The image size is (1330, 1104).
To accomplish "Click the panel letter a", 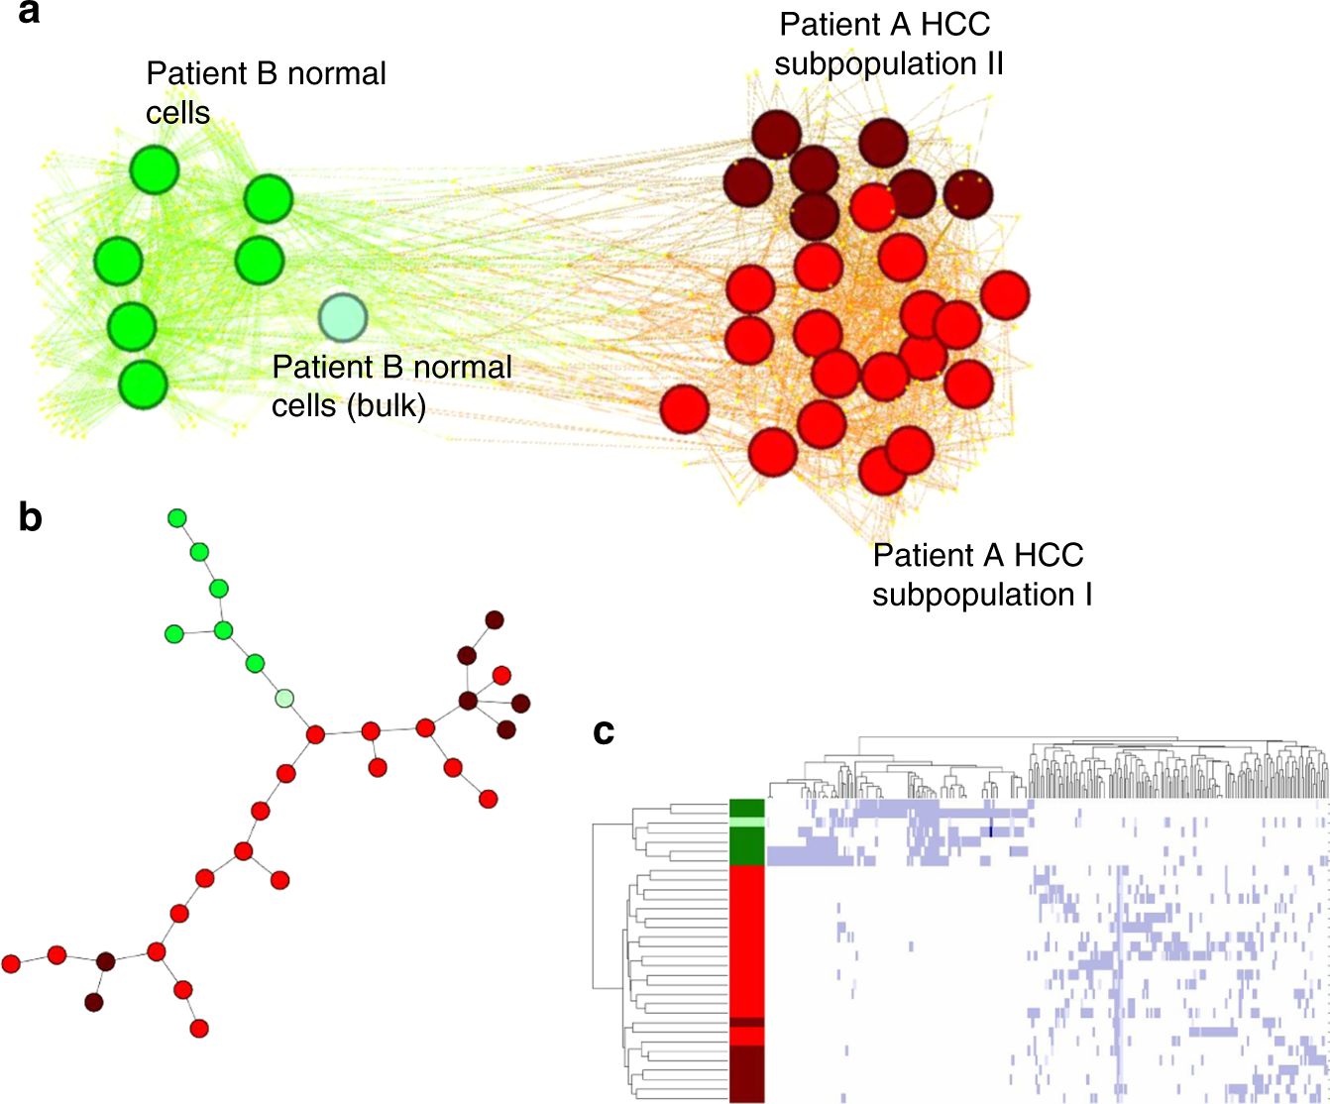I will point(29,15).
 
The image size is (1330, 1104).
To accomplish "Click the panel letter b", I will point(31,516).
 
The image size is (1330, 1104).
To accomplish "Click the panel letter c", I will point(604,731).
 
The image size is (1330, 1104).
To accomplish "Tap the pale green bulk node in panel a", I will point(343,317).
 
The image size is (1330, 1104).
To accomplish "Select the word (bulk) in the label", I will point(388,406).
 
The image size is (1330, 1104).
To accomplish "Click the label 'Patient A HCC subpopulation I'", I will point(982,575).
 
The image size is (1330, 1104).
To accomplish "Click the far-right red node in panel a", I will point(1005,295).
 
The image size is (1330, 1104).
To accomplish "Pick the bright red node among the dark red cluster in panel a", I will point(873,207).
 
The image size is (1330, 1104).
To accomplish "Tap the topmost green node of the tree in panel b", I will point(177,517).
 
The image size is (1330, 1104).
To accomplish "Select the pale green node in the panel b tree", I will point(284,699).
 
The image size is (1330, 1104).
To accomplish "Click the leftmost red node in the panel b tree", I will point(11,963).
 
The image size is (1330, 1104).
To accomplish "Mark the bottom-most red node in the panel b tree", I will point(199,1029).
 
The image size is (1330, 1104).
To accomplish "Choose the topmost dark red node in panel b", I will point(494,620).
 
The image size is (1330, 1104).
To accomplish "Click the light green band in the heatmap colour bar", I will point(746,822).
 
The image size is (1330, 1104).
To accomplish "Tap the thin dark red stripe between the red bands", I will point(746,1022).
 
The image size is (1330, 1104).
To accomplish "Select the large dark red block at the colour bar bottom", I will point(746,1073).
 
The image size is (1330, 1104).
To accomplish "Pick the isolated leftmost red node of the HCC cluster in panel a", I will point(685,409).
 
